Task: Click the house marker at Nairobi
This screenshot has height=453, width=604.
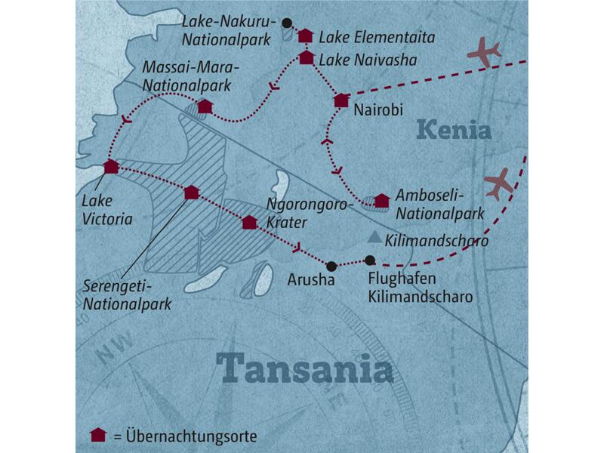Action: pyautogui.click(x=341, y=99)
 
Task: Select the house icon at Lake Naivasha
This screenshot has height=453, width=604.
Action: pyautogui.click(x=307, y=57)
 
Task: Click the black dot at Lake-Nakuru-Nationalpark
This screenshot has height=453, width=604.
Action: pyautogui.click(x=287, y=22)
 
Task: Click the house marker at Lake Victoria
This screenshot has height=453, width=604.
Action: pyautogui.click(x=111, y=167)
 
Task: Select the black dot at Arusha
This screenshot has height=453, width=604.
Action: pyautogui.click(x=331, y=265)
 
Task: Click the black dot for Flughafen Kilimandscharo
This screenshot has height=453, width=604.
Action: pyautogui.click(x=369, y=260)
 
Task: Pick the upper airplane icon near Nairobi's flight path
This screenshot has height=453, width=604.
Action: pyautogui.click(x=484, y=52)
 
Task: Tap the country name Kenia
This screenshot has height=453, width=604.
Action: pyautogui.click(x=453, y=130)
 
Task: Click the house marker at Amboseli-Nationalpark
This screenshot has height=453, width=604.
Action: pyautogui.click(x=382, y=200)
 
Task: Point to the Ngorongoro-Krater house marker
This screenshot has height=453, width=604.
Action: pyautogui.click(x=249, y=222)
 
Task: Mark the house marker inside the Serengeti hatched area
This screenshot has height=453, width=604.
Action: pyautogui.click(x=192, y=193)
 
